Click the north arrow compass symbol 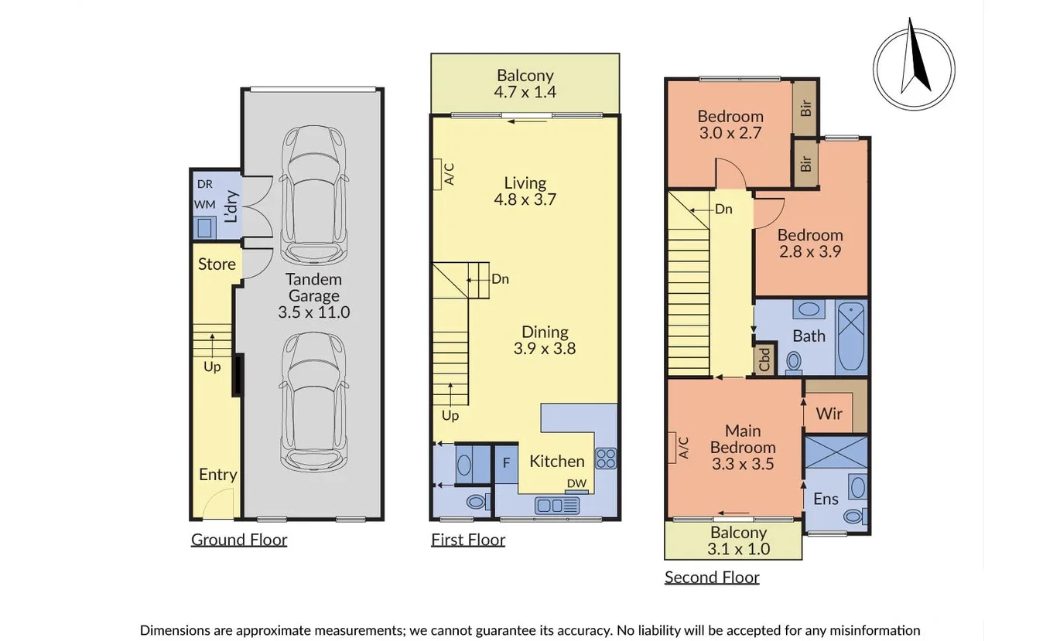tap(914, 69)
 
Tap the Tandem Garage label tap(313, 295)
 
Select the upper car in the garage tap(313, 196)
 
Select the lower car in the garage tap(313, 402)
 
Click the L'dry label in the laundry tap(231, 206)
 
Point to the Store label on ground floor tap(217, 264)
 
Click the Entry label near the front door tap(217, 475)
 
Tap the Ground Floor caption tap(239, 540)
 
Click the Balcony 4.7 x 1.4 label tap(525, 84)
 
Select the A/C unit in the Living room tap(437, 174)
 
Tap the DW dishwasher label tap(576, 484)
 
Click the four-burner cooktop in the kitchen tap(606, 459)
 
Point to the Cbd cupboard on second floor tap(764, 360)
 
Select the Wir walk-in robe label tap(829, 414)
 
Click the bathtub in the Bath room tap(852, 337)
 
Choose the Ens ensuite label tap(826, 500)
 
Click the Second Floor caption tap(712, 577)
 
